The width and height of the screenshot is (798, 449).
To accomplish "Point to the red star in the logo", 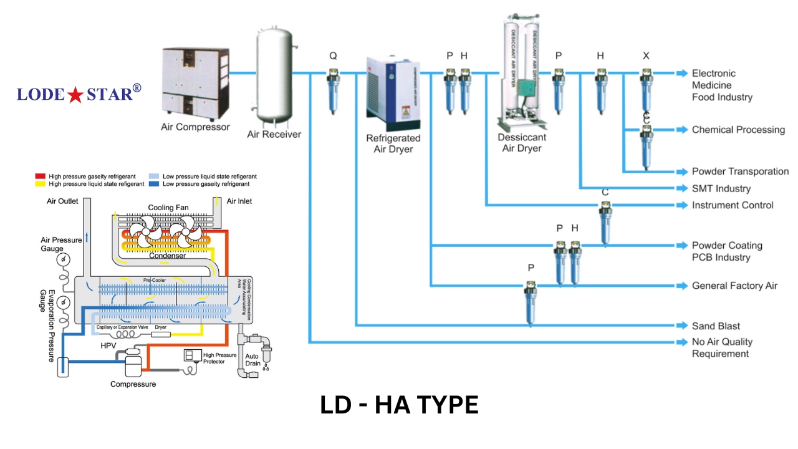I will (x=75, y=95).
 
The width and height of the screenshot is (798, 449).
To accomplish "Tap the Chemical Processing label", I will (x=738, y=130).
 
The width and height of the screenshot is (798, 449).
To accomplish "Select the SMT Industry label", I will (x=721, y=188).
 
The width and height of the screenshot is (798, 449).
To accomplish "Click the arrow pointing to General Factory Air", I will (x=683, y=286).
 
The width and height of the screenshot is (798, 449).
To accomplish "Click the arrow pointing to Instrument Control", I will (x=683, y=205).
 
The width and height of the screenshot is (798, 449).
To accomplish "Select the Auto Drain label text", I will (x=252, y=359).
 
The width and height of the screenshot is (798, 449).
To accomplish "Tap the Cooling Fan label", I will (x=168, y=208).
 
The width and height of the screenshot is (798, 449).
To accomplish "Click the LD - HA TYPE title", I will (x=399, y=405).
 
